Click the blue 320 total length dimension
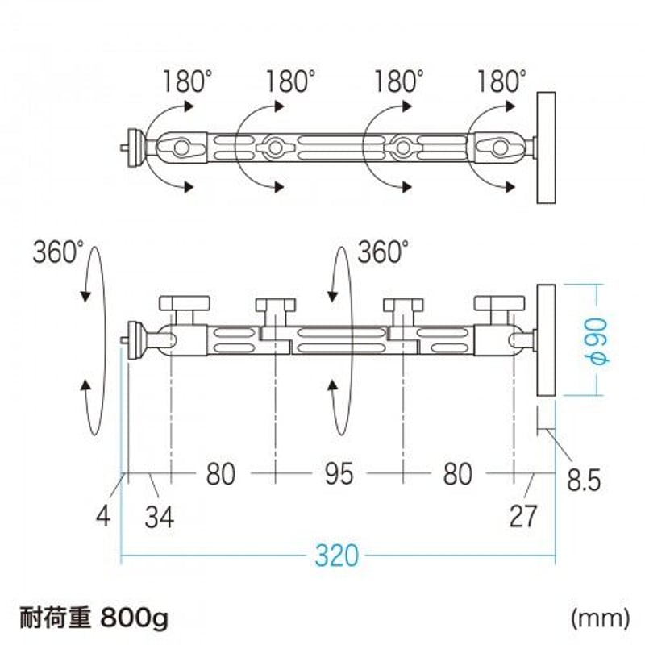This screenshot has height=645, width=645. click(x=338, y=556)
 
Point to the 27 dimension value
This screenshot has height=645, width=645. click(x=523, y=515)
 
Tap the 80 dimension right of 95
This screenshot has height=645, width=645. click(x=457, y=474)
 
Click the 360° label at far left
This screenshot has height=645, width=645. click(x=57, y=252)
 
